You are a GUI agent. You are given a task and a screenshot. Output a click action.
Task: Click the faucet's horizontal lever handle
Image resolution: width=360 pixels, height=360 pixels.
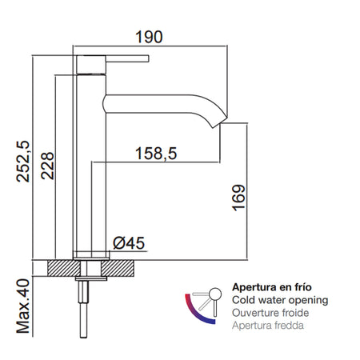pyautogui.click(x=120, y=58)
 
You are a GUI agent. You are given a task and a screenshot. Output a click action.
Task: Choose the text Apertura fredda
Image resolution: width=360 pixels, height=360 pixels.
pyautogui.click(x=270, y=326)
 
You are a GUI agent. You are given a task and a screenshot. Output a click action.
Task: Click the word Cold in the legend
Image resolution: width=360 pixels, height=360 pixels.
pyautogui.click(x=243, y=300)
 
